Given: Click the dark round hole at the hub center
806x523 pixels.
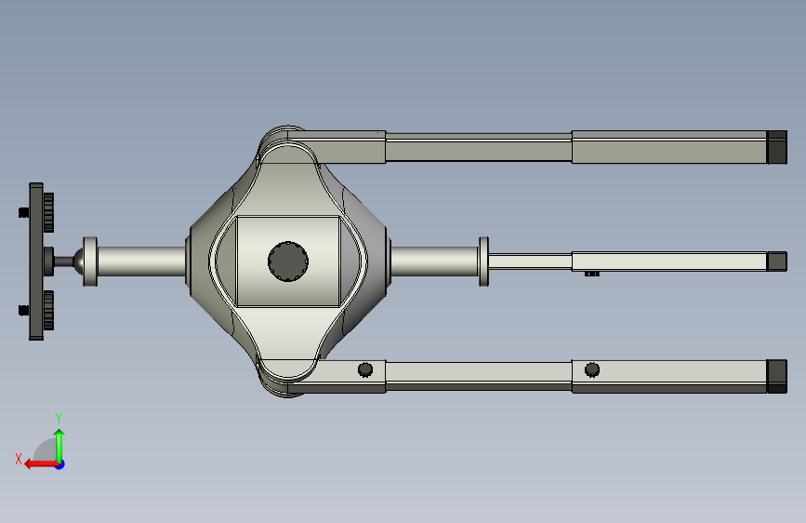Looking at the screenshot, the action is tap(288, 261).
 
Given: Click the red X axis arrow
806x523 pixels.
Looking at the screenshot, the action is tap(41, 464).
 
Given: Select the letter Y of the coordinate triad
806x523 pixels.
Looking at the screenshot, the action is tap(59, 419).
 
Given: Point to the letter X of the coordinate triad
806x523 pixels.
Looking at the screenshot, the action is tap(19, 459).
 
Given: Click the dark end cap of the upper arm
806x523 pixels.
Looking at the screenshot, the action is tap(776, 147).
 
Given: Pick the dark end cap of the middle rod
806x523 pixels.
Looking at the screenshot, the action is tap(776, 261).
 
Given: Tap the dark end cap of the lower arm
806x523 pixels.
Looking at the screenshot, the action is tap(776, 376).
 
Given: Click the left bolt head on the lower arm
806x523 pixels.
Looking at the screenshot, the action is tap(365, 369).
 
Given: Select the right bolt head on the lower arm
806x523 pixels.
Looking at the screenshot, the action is tap(592, 369).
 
